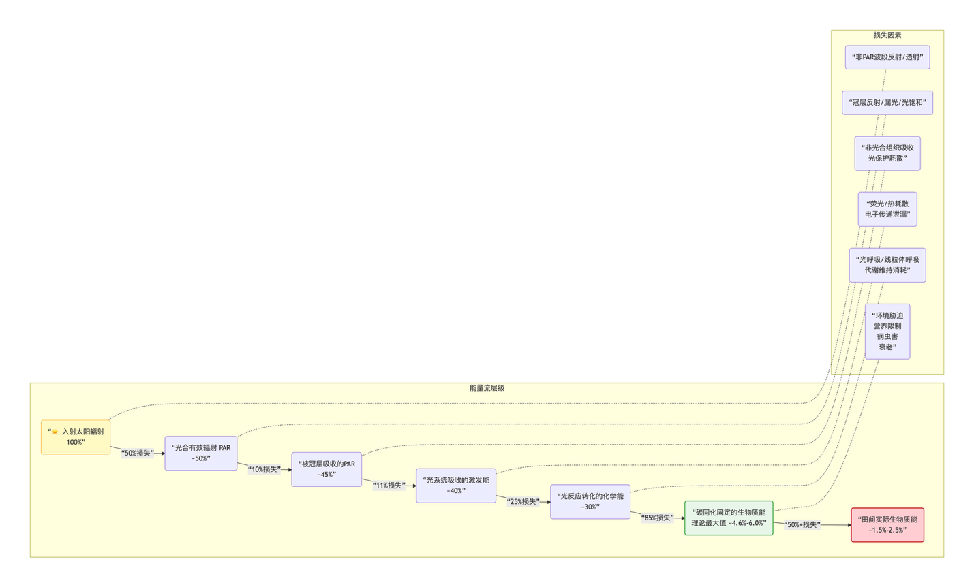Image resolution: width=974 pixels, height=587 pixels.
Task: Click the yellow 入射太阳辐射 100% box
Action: point(76,437)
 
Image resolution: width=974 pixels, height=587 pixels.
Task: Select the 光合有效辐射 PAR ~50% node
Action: point(201,453)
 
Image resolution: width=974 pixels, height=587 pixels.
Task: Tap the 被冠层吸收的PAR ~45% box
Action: point(326,469)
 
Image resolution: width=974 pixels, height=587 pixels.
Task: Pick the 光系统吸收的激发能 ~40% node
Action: point(456,486)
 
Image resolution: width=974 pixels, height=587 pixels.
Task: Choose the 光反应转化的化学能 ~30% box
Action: point(590,501)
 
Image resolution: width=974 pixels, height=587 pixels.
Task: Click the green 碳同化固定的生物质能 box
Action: point(729,518)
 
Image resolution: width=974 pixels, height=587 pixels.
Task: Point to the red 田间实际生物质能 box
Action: point(887,525)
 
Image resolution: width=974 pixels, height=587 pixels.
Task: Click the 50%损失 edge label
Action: point(138,453)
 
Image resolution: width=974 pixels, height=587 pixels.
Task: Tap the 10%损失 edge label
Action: point(264,469)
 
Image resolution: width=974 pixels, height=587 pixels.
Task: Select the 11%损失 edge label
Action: point(389,486)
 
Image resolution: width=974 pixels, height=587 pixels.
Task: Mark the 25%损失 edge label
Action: point(523,501)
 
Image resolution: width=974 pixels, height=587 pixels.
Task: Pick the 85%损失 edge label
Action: point(658,518)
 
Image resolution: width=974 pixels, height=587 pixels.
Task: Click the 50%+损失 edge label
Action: point(802,525)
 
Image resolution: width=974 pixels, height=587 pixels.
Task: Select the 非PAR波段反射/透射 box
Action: point(887,57)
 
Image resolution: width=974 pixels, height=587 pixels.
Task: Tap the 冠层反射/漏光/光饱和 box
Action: point(887,103)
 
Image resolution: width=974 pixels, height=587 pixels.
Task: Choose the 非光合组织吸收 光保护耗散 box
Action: point(887,153)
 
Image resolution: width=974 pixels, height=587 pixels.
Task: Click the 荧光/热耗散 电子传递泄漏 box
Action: point(887,209)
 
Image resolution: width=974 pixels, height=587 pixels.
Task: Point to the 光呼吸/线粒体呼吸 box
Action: point(887,265)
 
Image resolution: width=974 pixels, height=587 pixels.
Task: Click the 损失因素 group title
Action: point(887,35)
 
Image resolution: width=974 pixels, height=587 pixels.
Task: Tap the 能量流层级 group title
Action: point(487,388)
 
